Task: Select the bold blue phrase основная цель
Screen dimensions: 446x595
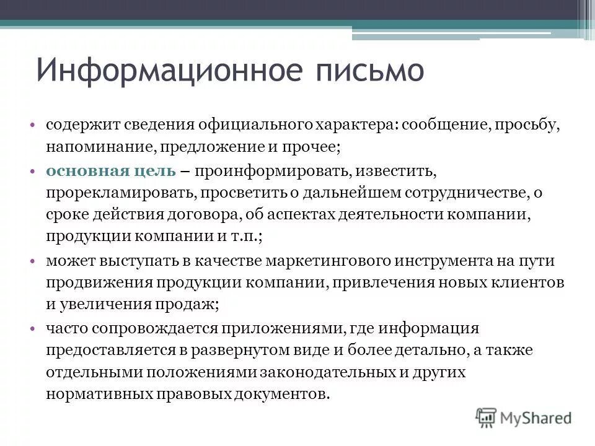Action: pos(111,170)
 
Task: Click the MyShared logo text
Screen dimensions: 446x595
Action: pos(537,418)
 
